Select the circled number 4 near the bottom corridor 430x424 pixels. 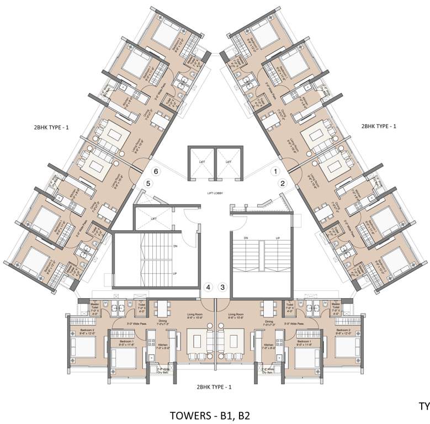[208, 287]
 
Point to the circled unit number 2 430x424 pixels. [283, 183]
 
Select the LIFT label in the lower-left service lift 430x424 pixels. [153, 219]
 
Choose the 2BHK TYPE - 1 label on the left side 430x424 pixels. [51, 128]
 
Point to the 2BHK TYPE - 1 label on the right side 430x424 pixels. [379, 126]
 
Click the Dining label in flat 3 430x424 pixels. [269, 322]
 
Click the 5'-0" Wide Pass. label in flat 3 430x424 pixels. [309, 324]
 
